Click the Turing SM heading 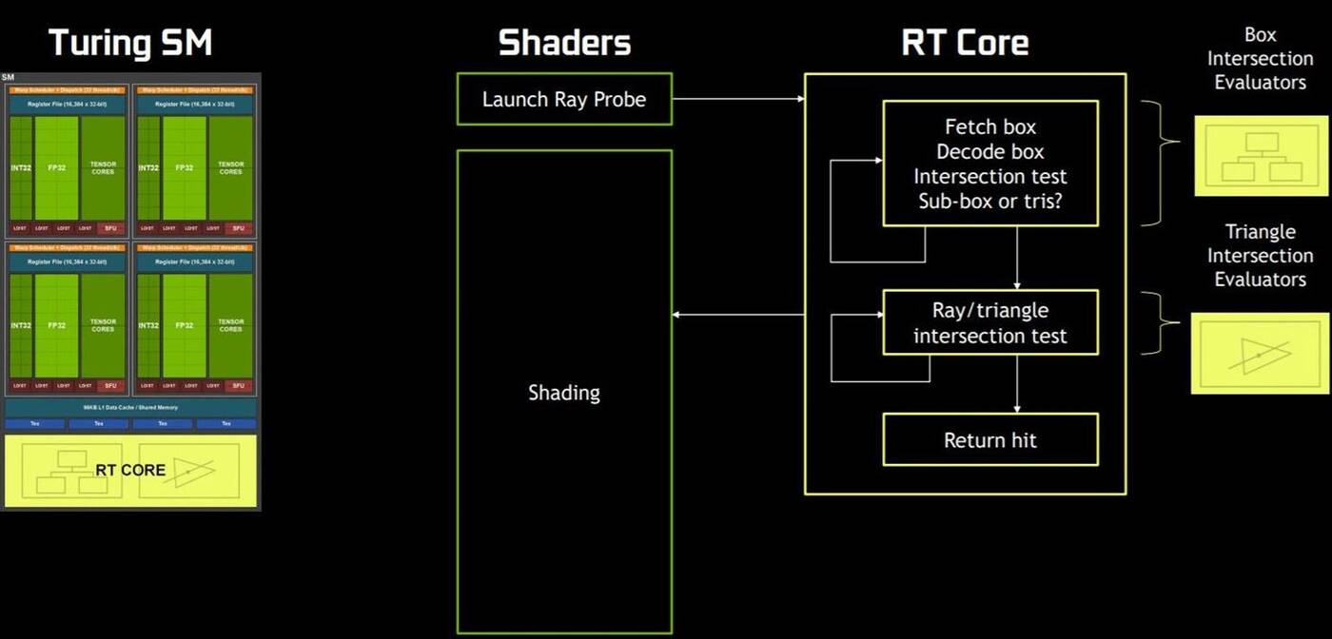point(130,43)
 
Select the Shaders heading point(564,43)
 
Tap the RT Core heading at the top point(965,43)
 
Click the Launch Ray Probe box point(564,99)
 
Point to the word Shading point(564,393)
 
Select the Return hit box point(990,440)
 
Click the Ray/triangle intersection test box point(990,323)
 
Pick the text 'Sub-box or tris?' point(990,202)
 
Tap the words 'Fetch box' point(990,127)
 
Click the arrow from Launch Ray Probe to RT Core point(737,98)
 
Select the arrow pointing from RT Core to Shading point(737,315)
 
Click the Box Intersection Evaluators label point(1260,59)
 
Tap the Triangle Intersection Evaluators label point(1260,256)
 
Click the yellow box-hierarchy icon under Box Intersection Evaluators point(1262,157)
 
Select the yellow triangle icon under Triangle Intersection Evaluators point(1262,353)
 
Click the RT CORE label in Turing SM point(130,470)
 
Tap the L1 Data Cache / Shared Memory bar point(130,408)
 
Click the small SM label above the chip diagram point(9,77)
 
